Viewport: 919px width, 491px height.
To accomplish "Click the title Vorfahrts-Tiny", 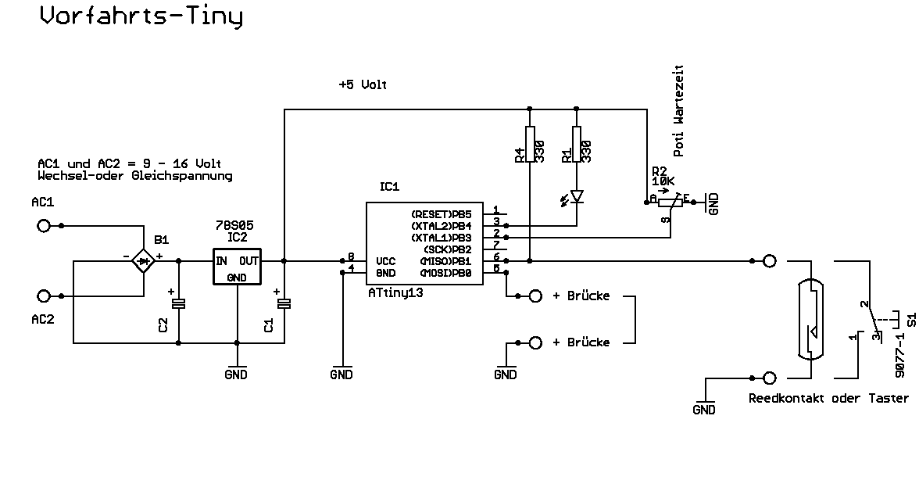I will pyautogui.click(x=141, y=16).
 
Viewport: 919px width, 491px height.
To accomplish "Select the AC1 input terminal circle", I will pyautogui.click(x=44, y=226).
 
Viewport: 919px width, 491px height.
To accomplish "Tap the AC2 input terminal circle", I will pyautogui.click(x=44, y=296).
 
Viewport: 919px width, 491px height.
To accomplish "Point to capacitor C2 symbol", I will pyautogui.click(x=179, y=303).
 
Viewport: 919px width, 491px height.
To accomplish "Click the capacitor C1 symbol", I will pyautogui.click(x=284, y=303).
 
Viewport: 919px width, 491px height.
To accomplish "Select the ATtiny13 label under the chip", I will pyautogui.click(x=401, y=292).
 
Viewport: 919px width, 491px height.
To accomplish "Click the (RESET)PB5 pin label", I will pyautogui.click(x=442, y=213).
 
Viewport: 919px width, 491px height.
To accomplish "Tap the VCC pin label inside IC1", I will pyautogui.click(x=385, y=261).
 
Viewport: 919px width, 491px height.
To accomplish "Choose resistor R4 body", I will pyautogui.click(x=530, y=145).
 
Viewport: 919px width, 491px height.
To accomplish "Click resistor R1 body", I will pyautogui.click(x=577, y=145).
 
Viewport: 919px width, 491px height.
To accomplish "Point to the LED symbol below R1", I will pyautogui.click(x=577, y=195).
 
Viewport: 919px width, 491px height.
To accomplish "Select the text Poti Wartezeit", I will pyautogui.click(x=679, y=111).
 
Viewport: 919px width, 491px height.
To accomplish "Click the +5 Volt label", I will pyautogui.click(x=363, y=84).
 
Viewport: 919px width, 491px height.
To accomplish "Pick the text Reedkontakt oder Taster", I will pyautogui.click(x=828, y=399).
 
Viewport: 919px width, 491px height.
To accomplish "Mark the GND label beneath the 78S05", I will pyautogui.click(x=235, y=375).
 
